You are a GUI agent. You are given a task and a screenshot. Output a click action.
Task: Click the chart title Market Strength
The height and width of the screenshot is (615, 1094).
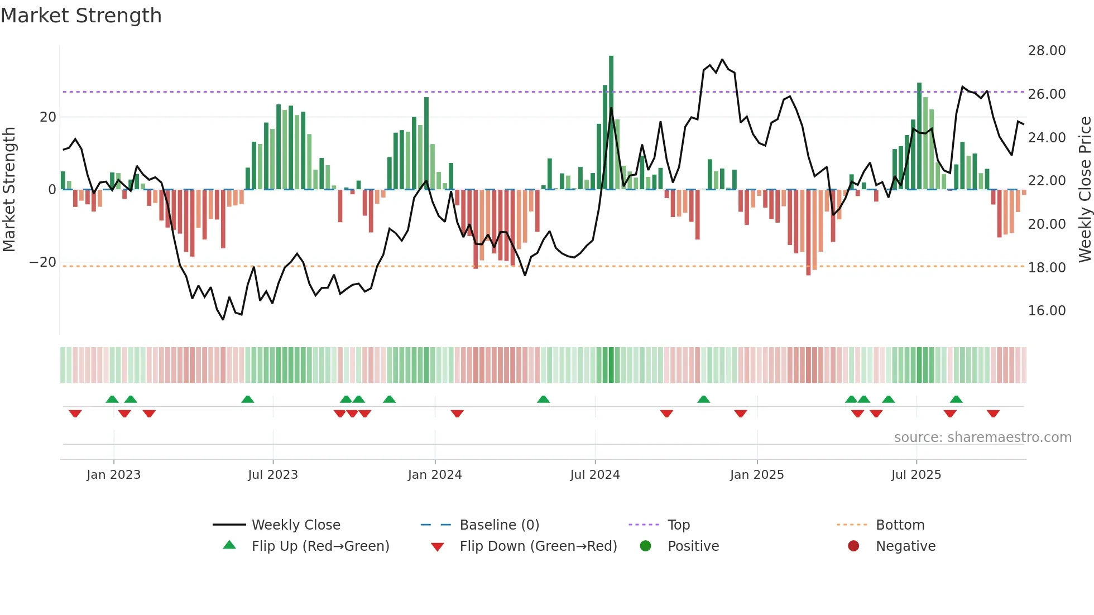click(x=81, y=16)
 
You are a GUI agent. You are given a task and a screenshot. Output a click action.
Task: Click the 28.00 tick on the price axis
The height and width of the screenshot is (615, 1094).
click(x=1047, y=51)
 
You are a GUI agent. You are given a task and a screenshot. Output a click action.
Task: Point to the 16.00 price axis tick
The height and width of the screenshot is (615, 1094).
click(x=1047, y=311)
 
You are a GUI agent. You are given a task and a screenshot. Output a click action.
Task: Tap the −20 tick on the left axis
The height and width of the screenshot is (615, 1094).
click(x=43, y=262)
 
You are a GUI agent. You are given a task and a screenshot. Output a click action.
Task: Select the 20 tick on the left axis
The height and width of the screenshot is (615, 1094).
click(x=48, y=117)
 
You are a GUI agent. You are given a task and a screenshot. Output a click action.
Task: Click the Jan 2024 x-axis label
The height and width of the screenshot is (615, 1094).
click(x=435, y=475)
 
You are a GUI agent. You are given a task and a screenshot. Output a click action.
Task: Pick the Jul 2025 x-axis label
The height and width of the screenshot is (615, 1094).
click(x=916, y=475)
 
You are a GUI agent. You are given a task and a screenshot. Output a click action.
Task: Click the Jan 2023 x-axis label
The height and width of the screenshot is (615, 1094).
click(x=114, y=475)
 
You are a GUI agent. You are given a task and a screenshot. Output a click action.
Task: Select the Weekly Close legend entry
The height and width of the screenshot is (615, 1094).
click(x=295, y=525)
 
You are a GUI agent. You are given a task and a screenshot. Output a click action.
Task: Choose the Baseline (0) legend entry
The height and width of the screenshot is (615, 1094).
click(x=499, y=525)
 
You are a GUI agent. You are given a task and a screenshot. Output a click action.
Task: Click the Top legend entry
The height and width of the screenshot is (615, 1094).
click(x=679, y=525)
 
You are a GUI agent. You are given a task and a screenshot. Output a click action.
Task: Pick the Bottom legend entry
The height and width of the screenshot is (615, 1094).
click(x=900, y=525)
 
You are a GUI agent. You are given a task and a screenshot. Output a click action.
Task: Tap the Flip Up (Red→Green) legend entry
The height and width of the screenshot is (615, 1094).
click(x=320, y=546)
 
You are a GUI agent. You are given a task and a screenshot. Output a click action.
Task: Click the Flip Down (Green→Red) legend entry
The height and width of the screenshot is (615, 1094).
click(x=538, y=546)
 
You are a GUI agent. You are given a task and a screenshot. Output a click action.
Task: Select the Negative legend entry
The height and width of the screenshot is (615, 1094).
click(x=905, y=546)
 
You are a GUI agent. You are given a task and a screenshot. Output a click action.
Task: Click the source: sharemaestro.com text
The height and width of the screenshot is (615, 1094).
click(x=982, y=438)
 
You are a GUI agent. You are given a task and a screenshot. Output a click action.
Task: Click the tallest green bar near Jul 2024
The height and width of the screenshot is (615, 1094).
click(x=611, y=123)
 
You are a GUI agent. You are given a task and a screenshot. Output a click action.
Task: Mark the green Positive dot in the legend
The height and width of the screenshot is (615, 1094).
click(x=646, y=546)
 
